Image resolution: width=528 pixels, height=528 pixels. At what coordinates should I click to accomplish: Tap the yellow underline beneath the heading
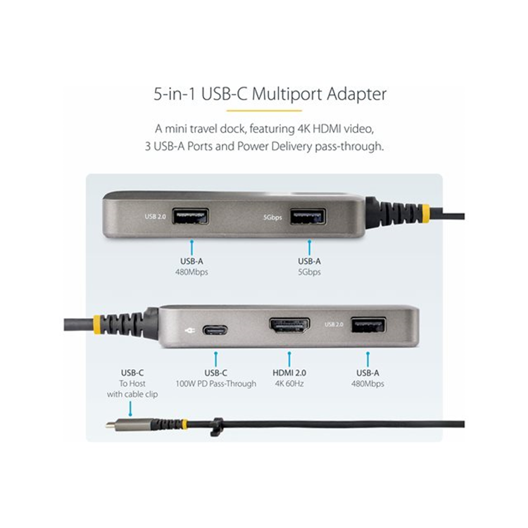point(265,110)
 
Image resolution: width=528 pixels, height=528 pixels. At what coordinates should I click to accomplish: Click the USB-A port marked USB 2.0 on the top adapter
point(190,216)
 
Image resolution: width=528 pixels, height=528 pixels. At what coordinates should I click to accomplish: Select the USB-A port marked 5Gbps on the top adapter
point(308,216)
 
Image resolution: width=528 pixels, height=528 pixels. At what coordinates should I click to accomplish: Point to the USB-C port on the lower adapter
point(215,329)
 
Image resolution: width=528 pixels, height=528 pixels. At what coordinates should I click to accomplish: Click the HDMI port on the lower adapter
point(289,325)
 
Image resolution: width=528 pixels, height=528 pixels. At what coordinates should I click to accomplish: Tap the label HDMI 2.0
point(289,372)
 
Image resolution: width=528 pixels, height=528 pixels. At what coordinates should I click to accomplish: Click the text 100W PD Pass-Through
point(215,384)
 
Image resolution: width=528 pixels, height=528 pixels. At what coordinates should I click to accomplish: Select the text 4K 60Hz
point(289,384)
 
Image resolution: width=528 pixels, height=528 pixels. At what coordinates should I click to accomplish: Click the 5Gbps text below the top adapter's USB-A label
point(308,272)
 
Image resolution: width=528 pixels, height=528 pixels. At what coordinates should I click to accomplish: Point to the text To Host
point(132,384)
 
